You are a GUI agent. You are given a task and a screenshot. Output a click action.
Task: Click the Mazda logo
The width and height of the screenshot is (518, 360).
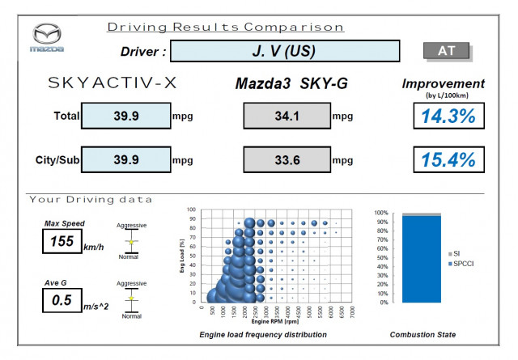coord(46,37)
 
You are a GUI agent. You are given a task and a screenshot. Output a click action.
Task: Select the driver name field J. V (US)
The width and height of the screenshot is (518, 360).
coord(284,51)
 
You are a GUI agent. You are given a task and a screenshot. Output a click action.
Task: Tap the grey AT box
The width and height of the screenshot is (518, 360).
coord(447,50)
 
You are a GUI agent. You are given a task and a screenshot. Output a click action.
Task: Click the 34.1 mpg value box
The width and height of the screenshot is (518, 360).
coord(287,116)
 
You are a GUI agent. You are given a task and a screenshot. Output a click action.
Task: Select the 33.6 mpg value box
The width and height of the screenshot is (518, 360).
coord(287,160)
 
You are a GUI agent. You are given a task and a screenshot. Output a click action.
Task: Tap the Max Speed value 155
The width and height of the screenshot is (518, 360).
coord(62,241)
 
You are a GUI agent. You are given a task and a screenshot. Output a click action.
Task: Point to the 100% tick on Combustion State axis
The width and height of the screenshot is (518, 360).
coord(380,213)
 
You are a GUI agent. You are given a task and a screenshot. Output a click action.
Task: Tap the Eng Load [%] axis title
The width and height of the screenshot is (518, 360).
coord(181,256)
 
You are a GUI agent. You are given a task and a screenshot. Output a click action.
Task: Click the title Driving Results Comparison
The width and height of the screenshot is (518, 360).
coord(226,27)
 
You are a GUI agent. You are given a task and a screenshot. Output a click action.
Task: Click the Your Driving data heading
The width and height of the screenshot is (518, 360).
coord(91,199)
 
